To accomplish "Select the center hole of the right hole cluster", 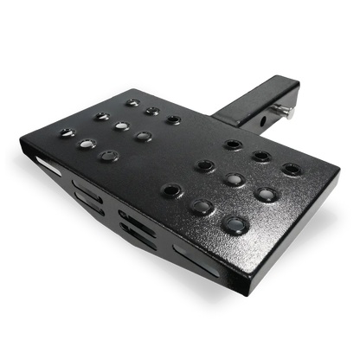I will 232,179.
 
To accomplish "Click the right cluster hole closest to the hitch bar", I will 232,144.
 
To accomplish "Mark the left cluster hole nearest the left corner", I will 67,132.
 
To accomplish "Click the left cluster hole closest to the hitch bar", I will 174,119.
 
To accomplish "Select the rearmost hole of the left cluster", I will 132,102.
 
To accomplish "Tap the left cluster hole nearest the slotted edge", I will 108,156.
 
